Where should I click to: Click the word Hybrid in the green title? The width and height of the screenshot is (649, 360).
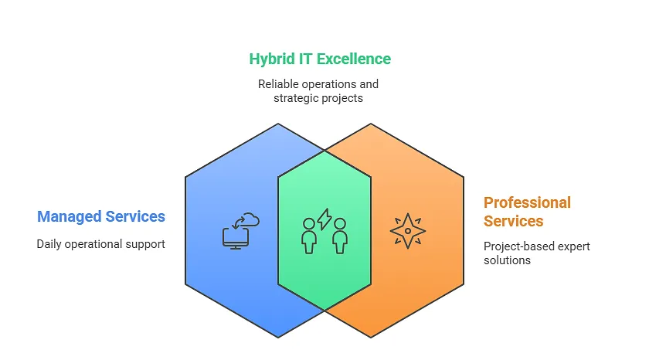[x=272, y=59]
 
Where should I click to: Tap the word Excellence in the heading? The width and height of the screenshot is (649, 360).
[x=354, y=59]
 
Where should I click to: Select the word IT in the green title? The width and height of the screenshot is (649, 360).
[x=305, y=59]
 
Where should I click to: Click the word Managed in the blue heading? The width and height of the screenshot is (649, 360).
[x=69, y=217]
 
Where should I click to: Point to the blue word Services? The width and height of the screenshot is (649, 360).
[x=135, y=216]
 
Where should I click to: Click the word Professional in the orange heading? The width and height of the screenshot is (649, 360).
[x=527, y=202]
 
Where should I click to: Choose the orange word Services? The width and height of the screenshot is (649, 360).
[x=514, y=222]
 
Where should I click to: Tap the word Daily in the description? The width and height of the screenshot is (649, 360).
[x=49, y=244]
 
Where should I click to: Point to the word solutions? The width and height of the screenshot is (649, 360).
[x=507, y=260]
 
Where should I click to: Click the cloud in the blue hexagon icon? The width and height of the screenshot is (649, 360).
[x=250, y=219]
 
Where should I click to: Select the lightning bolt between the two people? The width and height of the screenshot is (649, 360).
[x=324, y=219]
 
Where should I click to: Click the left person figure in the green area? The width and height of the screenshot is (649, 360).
[x=309, y=236]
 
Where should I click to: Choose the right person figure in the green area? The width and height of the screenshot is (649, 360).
[x=340, y=236]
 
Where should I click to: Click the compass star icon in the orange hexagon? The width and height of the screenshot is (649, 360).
[x=408, y=231]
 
